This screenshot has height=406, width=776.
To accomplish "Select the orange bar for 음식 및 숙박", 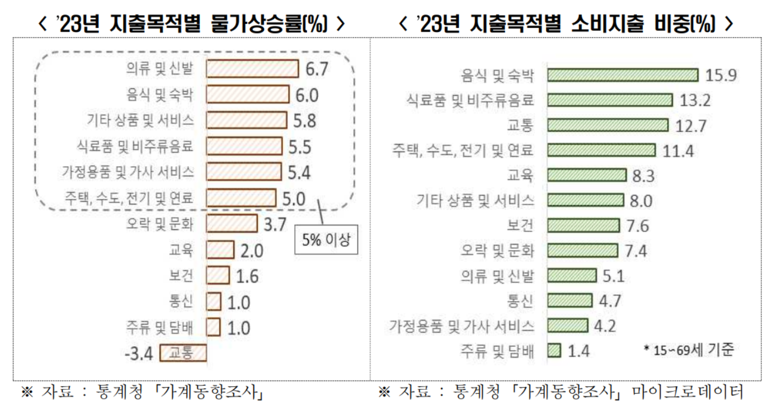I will click(x=247, y=95).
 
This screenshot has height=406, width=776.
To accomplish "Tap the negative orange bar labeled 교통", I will click(x=184, y=353).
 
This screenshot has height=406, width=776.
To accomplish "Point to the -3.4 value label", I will click(x=138, y=353).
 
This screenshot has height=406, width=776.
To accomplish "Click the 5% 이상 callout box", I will click(x=326, y=240).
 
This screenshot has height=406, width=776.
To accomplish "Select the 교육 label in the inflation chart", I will click(x=181, y=250).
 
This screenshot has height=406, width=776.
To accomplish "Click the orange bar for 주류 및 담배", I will click(x=213, y=327).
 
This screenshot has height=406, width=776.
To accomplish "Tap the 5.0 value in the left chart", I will click(x=293, y=199).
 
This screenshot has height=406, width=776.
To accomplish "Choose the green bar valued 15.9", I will click(x=623, y=75).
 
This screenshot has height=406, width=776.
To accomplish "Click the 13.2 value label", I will click(x=695, y=100).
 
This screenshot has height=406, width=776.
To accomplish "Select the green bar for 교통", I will click(x=608, y=125).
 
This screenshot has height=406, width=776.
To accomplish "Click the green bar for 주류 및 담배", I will click(x=554, y=351).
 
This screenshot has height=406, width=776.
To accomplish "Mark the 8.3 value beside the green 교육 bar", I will click(x=644, y=176).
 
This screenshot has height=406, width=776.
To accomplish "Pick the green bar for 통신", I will click(x=570, y=300).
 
